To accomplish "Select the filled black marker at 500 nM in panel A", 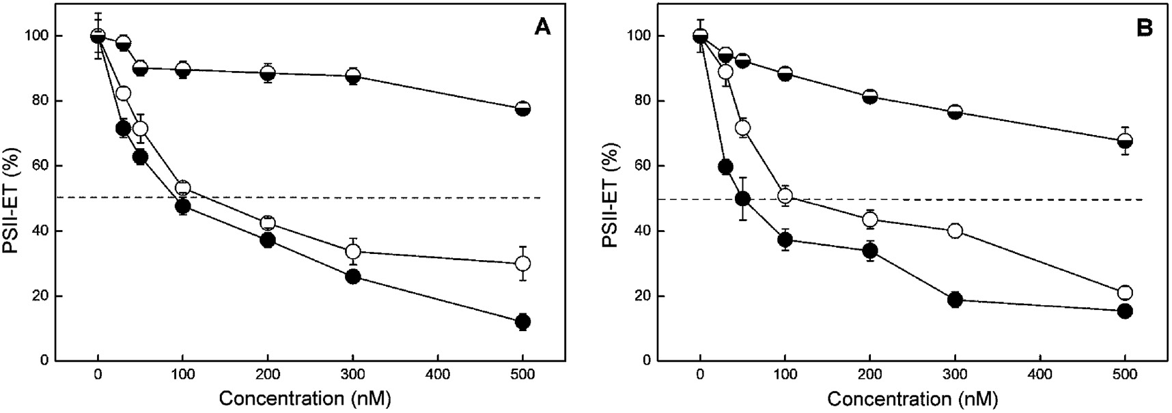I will tap(522, 322).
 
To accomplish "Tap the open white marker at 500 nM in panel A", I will tap(522, 264).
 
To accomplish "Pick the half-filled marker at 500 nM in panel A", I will tap(522, 109).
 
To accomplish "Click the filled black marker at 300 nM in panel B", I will tap(955, 300).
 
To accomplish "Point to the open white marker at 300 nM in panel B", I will tap(955, 231).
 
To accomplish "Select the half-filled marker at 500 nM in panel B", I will tap(1125, 141).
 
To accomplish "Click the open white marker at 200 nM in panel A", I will tap(268, 223).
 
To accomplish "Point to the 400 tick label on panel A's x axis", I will tap(437, 375).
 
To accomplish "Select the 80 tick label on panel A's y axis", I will tap(40, 101).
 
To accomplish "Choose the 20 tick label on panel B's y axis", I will tap(643, 296).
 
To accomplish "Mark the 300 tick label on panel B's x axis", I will tap(955, 375).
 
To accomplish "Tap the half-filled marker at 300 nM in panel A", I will tap(353, 76).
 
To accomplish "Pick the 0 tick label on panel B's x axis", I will tap(699, 375).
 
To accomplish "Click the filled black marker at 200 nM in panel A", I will tap(268, 240).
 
